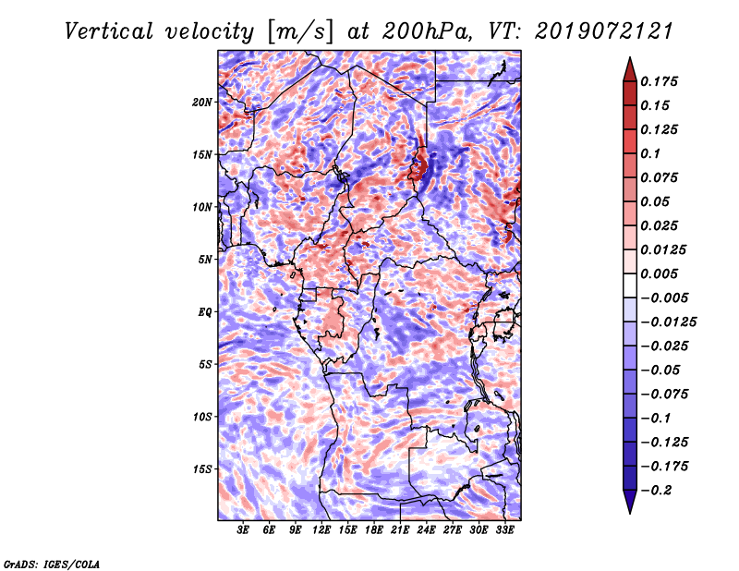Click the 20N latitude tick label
(x=202, y=103)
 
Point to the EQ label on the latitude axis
(x=205, y=312)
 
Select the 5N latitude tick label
(x=205, y=260)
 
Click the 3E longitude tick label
(x=243, y=530)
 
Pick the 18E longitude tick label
(x=373, y=530)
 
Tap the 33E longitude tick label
(x=504, y=530)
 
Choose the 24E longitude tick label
(x=426, y=530)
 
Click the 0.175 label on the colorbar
(x=659, y=81)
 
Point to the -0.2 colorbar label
(x=656, y=491)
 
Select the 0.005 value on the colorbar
(x=659, y=273)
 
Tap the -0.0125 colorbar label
(x=668, y=322)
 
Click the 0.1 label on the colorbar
(x=650, y=153)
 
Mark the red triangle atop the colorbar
(x=630, y=69)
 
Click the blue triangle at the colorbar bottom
(x=630, y=502)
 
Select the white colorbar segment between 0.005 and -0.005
(x=630, y=285)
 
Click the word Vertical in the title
(x=109, y=31)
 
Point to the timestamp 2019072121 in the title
(x=604, y=31)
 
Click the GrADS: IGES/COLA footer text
(x=52, y=564)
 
